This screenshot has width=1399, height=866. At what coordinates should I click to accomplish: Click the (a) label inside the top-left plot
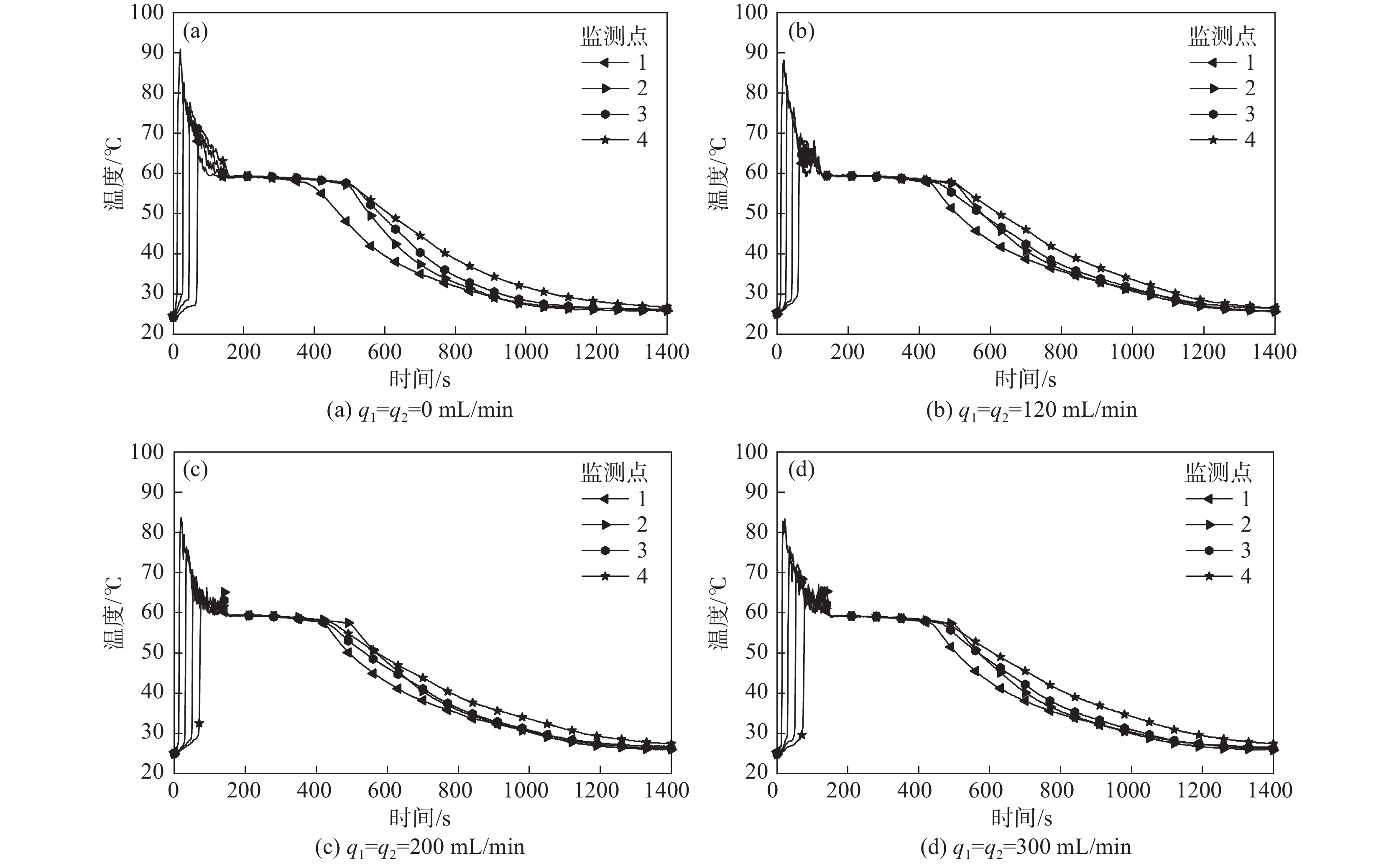coord(195,31)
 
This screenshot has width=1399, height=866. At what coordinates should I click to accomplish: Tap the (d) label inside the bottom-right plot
coord(801,470)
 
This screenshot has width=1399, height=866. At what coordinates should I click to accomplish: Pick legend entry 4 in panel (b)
coord(1221,140)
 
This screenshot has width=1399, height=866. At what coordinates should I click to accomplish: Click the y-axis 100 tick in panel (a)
coord(147,12)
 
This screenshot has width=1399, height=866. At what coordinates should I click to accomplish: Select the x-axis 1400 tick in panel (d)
coord(1270,791)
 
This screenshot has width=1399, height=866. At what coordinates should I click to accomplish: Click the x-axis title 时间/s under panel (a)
coord(420,379)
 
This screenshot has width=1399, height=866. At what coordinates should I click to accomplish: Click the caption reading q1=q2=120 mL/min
coord(1031,410)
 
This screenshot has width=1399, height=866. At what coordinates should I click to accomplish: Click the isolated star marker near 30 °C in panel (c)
coord(199,723)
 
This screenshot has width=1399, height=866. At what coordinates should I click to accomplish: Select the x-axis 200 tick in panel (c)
coord(243,791)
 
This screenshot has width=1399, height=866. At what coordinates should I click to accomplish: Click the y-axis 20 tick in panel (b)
coord(756,332)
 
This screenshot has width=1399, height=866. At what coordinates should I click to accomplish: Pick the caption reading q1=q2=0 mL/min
coord(420,410)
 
